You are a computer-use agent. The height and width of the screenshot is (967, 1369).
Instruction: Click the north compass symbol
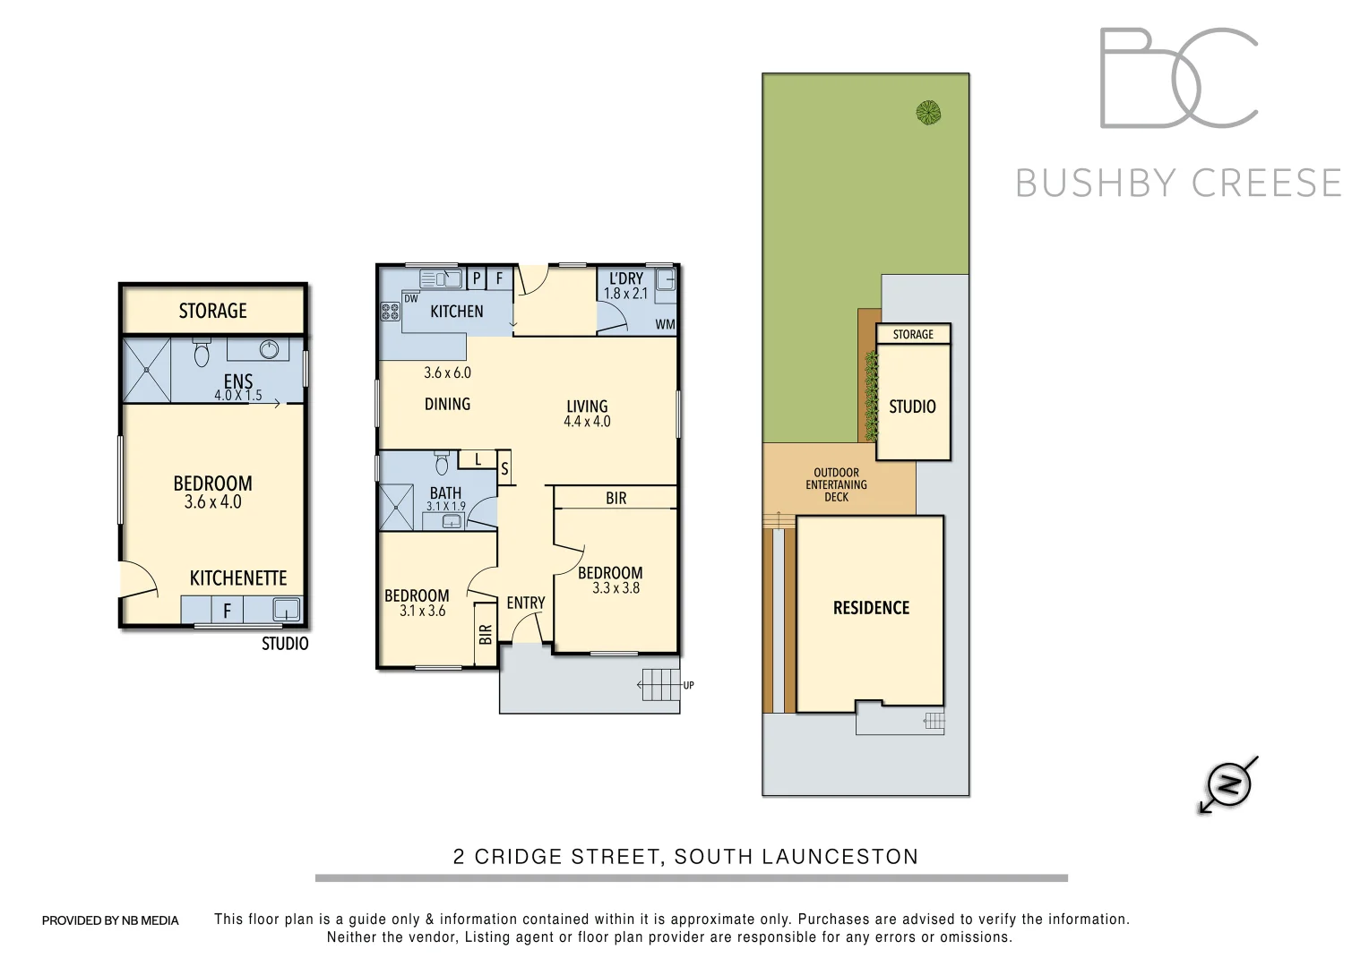1229,784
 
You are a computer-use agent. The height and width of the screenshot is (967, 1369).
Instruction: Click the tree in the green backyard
929,112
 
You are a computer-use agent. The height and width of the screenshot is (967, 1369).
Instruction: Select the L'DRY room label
625,278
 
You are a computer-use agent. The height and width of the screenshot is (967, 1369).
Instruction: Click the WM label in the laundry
665,324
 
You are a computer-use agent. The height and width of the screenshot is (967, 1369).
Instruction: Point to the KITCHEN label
457,312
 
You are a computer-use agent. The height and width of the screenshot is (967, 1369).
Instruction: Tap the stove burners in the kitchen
390,312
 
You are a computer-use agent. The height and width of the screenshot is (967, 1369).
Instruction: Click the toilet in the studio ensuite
201,354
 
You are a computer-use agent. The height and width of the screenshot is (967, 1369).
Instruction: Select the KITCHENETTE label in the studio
237,578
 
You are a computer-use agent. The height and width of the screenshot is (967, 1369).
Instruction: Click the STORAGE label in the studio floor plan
212,311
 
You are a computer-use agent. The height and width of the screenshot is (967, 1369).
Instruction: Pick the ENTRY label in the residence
525,603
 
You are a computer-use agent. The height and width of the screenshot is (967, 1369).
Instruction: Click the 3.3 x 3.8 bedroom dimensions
616,588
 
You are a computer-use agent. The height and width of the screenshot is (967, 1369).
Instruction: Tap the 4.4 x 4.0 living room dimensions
587,421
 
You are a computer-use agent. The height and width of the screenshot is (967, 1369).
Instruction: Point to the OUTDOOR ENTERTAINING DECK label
836,484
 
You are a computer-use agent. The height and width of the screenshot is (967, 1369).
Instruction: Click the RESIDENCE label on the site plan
871,608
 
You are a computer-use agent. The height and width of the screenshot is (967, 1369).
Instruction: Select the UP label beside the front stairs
688,686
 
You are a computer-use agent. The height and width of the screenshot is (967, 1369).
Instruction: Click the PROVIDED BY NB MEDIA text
110,920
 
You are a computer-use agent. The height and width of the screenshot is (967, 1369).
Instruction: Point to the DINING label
447,404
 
